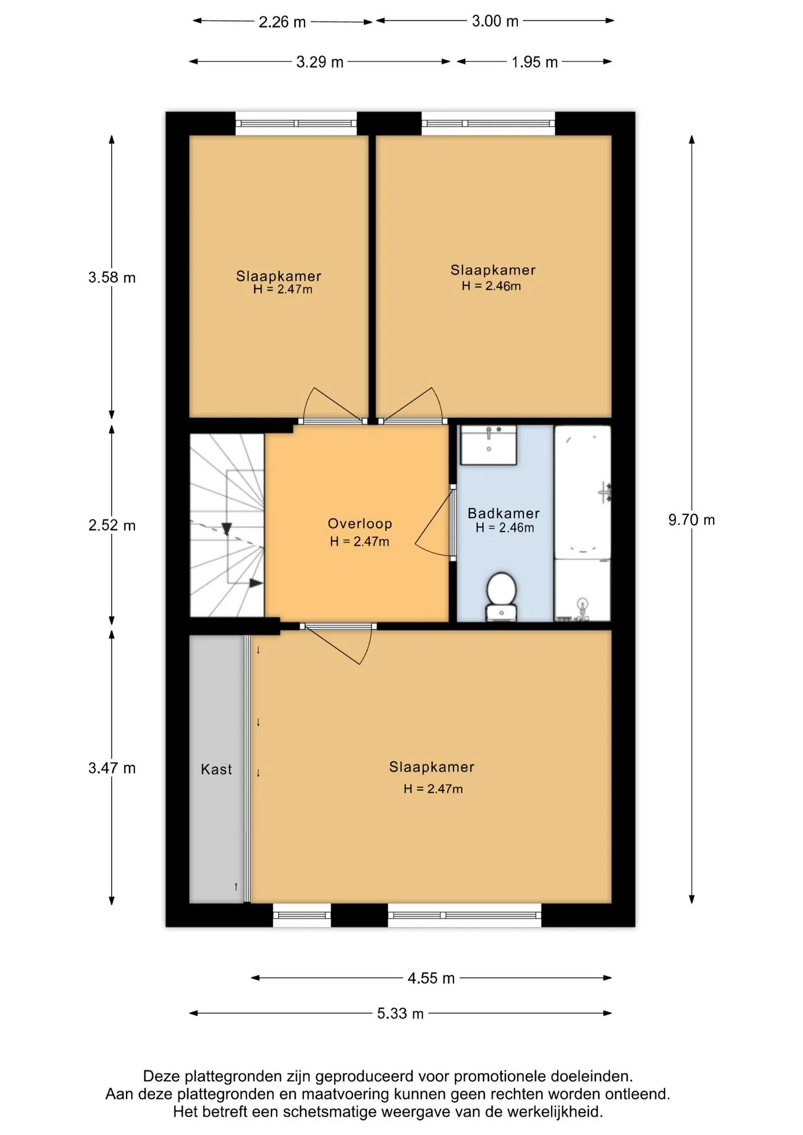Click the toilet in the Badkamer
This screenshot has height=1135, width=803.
pos(501,596)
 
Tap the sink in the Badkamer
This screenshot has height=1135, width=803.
pos(489,445)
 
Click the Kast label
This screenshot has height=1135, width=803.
pos(216,769)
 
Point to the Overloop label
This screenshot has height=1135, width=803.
pos(360,523)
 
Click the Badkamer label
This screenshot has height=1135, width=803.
pos(504,513)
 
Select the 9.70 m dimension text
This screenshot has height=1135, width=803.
pos(691,520)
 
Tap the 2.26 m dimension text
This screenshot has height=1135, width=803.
pos(282,22)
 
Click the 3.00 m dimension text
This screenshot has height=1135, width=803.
pos(495,21)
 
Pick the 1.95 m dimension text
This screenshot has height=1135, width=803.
pos(535,62)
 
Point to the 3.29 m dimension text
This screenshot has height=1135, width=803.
pos(320,62)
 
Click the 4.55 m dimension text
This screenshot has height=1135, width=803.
pos(431,978)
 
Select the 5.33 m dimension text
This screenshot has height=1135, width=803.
pos(400,1013)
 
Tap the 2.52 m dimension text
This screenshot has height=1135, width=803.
pos(112,525)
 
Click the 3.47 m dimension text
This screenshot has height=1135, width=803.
pos(112,768)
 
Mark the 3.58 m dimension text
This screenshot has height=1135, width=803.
pos(112,277)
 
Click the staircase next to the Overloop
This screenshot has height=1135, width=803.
pos(226,526)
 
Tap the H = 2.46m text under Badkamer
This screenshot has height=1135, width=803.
pos(505,528)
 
